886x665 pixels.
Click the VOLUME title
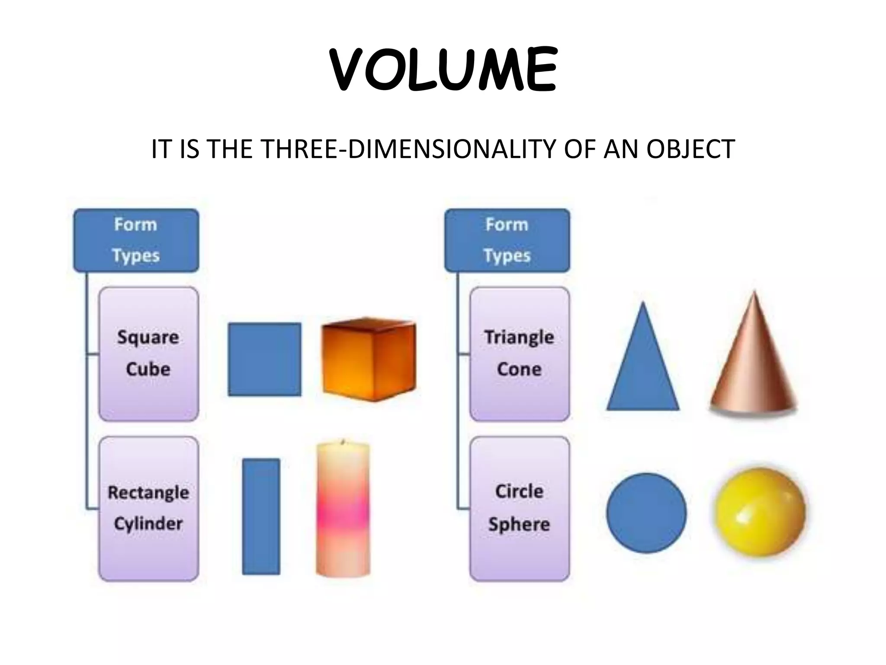click(443, 69)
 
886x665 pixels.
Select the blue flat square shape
click(264, 359)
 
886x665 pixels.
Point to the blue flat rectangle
click(261, 516)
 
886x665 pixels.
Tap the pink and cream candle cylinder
click(343, 511)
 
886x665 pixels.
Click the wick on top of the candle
click(343, 442)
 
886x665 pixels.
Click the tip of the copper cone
click(754, 294)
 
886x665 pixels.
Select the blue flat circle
click(646, 513)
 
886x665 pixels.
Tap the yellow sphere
click(760, 512)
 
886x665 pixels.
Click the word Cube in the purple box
click(148, 369)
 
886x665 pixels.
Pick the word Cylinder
click(148, 524)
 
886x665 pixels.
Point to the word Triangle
click(519, 337)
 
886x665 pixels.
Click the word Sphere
click(519, 524)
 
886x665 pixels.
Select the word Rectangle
click(148, 492)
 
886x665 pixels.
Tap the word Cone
click(519, 369)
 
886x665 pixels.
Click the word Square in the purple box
click(148, 337)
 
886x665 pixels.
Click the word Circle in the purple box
click(519, 491)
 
